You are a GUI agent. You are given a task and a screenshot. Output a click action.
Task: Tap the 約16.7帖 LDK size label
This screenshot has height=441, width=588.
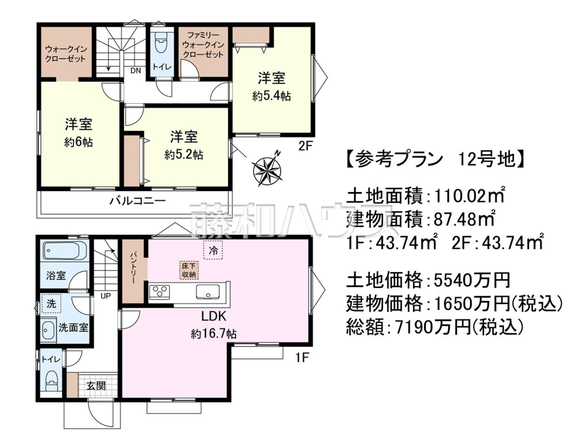pyautogui.click(x=214, y=335)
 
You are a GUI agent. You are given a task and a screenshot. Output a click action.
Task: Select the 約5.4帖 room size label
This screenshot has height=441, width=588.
pyautogui.click(x=271, y=96)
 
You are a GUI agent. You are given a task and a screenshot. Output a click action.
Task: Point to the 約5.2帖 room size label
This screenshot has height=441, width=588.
pyautogui.click(x=184, y=155)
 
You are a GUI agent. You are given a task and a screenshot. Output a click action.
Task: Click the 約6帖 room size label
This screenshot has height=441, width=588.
pyautogui.click(x=78, y=143)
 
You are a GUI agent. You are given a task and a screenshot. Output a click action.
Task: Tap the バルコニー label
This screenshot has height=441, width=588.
pyautogui.click(x=138, y=201)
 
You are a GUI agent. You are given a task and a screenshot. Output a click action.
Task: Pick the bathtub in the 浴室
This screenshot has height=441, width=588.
pyautogui.click(x=65, y=250)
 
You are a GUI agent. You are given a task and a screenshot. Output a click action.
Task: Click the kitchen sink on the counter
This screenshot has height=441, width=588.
pyautogui.click(x=208, y=292)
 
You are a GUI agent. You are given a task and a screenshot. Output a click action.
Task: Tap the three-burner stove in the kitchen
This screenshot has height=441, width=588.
pyautogui.click(x=159, y=292)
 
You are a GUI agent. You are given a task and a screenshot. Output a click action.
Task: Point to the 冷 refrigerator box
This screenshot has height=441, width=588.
pyautogui.click(x=213, y=250)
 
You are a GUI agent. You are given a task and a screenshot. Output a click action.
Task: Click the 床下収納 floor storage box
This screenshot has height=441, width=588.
pyautogui.click(x=189, y=270)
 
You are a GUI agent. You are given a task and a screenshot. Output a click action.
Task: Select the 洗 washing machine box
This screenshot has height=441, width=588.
pyautogui.click(x=51, y=304)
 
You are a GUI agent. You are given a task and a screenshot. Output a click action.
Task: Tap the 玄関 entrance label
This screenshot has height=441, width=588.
pyautogui.click(x=96, y=386)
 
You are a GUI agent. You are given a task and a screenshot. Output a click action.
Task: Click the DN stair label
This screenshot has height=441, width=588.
pyautogui.click(x=136, y=71)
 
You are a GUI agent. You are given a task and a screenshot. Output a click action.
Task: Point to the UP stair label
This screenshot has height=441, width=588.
pyautogui.click(x=105, y=296)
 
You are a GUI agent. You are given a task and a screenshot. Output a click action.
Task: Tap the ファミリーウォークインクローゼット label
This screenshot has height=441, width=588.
pyautogui.click(x=203, y=45)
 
